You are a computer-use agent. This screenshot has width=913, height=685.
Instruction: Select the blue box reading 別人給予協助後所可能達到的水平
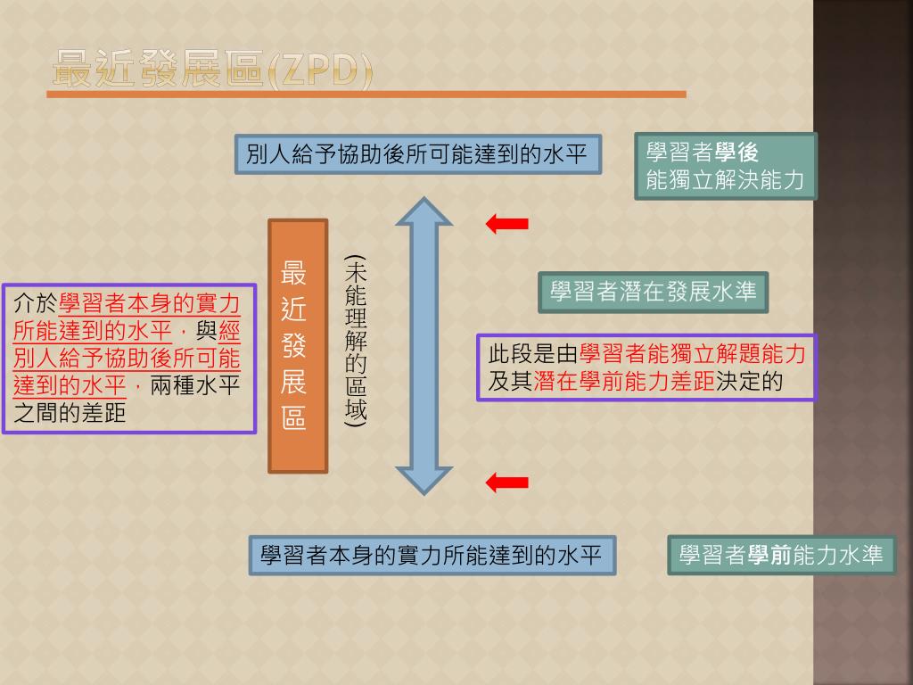(x=417, y=154)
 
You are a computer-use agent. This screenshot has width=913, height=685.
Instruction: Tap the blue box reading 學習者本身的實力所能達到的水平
(x=432, y=555)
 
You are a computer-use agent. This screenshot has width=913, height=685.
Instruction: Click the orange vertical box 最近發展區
(x=298, y=345)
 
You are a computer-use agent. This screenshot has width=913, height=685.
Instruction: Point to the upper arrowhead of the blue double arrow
(x=424, y=214)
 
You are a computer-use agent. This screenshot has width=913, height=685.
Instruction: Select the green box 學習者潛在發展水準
(x=653, y=292)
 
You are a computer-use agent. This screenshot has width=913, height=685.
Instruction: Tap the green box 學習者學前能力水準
(x=781, y=555)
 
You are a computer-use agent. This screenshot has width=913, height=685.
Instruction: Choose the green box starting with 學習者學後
(x=726, y=166)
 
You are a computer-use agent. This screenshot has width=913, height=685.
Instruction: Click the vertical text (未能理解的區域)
(x=357, y=342)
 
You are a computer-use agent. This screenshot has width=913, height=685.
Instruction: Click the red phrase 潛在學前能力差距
(x=624, y=382)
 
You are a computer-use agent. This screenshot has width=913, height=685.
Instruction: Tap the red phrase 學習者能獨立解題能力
(x=692, y=354)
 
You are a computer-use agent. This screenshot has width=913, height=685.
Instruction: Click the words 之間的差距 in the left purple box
(x=70, y=413)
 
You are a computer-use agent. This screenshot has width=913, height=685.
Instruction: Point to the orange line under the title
(x=369, y=94)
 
